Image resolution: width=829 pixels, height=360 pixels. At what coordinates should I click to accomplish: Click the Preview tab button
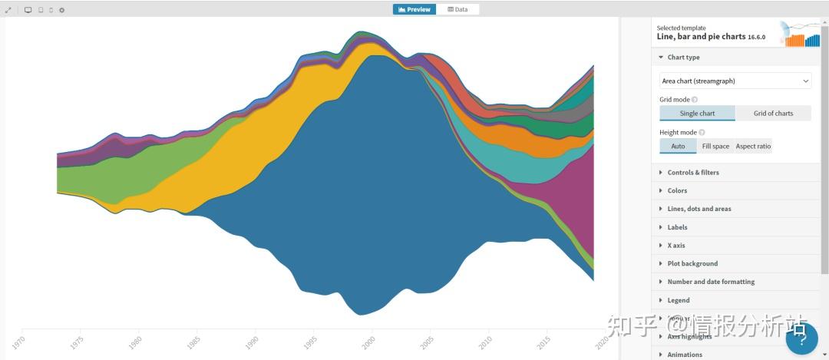(x=414, y=9)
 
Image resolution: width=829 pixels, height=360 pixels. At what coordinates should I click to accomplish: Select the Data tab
(x=457, y=9)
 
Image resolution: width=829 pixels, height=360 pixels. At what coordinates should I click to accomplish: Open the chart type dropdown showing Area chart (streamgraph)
(x=735, y=81)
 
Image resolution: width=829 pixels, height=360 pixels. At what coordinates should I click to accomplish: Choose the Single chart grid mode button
(x=697, y=114)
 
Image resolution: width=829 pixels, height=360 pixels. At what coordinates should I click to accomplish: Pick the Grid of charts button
(x=773, y=114)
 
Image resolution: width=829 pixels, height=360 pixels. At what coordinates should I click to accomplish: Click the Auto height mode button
(x=678, y=146)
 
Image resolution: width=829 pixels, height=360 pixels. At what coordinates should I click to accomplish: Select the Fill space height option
(x=715, y=146)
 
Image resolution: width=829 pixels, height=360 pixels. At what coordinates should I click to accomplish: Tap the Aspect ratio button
(x=753, y=146)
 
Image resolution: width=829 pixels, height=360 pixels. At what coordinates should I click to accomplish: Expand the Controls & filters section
(x=693, y=173)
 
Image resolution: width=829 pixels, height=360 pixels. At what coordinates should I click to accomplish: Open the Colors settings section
(x=677, y=190)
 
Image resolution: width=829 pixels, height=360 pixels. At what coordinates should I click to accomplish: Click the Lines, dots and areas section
(x=699, y=209)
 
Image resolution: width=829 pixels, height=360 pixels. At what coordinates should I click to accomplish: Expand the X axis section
(x=675, y=246)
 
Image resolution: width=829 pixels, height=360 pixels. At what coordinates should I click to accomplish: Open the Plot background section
(x=692, y=263)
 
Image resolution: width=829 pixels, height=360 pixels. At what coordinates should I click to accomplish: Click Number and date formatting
(x=711, y=282)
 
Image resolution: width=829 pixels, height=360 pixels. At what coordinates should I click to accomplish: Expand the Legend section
(x=679, y=300)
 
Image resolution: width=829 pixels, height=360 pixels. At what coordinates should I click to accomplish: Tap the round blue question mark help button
(x=801, y=339)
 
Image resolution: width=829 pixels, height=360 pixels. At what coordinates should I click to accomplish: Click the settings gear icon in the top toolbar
(x=61, y=10)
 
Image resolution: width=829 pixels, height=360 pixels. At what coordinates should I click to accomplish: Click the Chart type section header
(x=683, y=58)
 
